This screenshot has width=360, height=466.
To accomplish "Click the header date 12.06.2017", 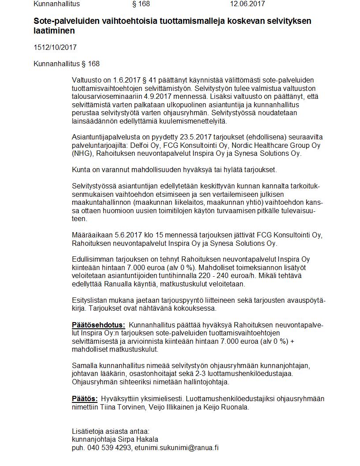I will [x=247, y=4].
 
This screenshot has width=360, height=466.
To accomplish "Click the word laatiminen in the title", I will [x=54, y=31].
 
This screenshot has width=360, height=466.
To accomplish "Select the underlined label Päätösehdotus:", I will [x=98, y=325].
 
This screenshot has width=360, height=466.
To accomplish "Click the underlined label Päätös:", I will [x=85, y=399].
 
